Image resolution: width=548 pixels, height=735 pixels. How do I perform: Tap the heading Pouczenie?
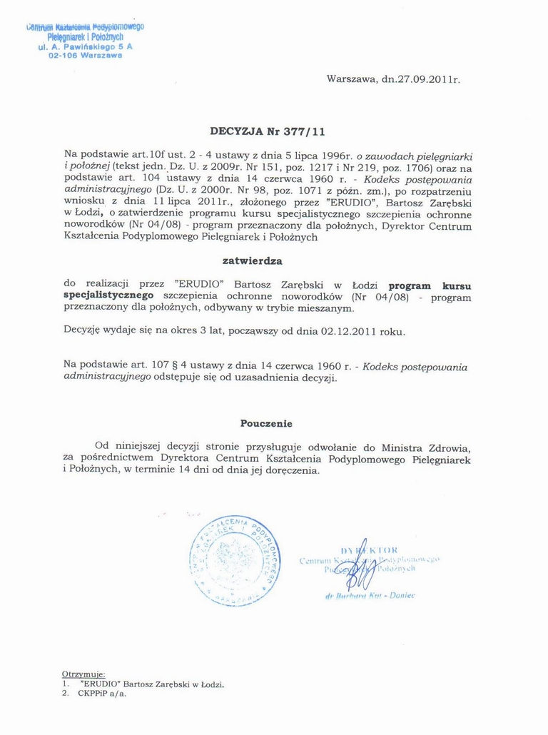click(266, 423)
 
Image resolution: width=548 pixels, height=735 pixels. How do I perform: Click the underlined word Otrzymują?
click(84, 674)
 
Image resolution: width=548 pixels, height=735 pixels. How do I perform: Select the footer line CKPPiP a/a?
click(102, 693)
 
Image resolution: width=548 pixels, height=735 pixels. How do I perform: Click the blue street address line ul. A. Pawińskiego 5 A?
click(85, 46)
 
